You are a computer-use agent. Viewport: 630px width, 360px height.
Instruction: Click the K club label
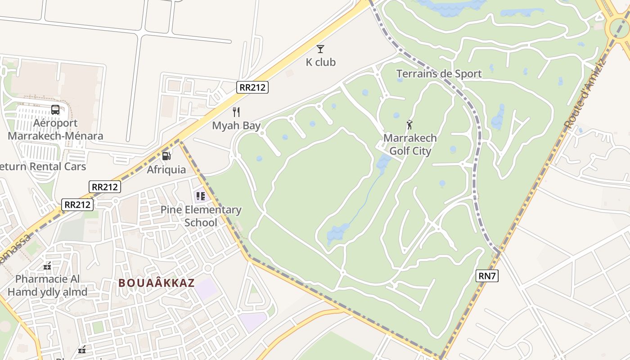click(320, 62)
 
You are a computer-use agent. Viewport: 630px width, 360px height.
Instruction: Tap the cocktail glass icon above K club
click(320, 49)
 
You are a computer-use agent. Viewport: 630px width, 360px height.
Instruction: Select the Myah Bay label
click(236, 126)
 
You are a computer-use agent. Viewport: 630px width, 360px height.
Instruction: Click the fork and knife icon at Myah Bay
click(236, 112)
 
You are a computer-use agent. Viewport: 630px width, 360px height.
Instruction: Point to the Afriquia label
click(166, 170)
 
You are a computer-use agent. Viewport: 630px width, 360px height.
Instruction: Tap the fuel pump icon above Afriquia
click(166, 156)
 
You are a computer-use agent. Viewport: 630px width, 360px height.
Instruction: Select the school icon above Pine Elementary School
click(200, 196)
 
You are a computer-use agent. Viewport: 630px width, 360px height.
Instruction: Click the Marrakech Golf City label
click(410, 144)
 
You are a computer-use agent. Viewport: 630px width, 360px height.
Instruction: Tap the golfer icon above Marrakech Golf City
click(409, 125)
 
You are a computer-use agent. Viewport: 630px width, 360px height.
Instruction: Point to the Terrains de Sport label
click(439, 73)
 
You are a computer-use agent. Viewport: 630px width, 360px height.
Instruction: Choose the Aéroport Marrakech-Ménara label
click(55, 130)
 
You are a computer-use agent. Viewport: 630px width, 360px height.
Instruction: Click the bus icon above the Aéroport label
click(55, 109)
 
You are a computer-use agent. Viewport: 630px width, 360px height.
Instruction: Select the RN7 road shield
click(487, 276)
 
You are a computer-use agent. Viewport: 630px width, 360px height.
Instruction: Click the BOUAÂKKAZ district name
click(157, 283)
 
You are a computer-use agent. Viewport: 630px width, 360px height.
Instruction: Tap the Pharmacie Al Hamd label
click(47, 285)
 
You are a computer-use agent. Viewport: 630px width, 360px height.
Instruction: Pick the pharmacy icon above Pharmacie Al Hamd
click(47, 266)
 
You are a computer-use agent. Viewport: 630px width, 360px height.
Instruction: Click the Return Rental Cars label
click(43, 166)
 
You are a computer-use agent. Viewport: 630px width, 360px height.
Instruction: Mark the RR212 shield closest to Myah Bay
click(252, 87)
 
